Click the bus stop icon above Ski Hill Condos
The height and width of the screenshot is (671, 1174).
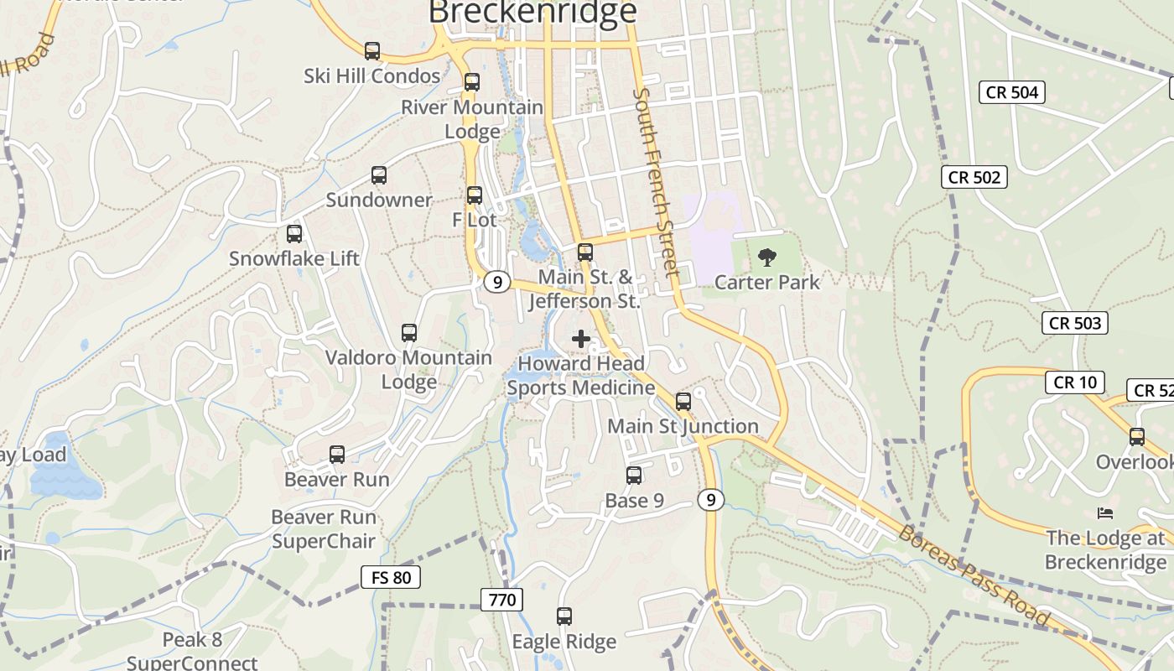click(x=372, y=51)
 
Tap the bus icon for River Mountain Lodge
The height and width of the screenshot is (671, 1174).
click(x=472, y=82)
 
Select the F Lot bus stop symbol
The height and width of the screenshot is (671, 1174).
click(x=475, y=195)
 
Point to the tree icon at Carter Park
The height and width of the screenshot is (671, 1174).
click(x=766, y=257)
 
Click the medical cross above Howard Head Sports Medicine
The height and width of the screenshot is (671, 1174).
click(x=581, y=339)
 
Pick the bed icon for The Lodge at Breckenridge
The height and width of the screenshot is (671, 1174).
click(x=1105, y=512)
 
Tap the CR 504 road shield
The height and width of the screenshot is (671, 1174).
click(x=1012, y=92)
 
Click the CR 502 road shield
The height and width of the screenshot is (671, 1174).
click(x=974, y=177)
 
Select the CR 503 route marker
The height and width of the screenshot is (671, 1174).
click(x=1075, y=323)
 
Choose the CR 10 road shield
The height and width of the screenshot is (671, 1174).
click(x=1074, y=382)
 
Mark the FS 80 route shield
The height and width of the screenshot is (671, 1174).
click(x=391, y=577)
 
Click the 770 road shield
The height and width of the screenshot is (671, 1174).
click(x=502, y=600)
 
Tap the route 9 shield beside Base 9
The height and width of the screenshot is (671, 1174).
click(x=710, y=501)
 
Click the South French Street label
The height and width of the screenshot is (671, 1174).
click(x=656, y=183)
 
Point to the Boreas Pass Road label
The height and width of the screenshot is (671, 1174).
click(x=974, y=576)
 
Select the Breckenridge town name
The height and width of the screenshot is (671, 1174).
click(x=532, y=13)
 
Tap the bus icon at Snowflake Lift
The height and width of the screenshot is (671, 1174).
click(x=294, y=234)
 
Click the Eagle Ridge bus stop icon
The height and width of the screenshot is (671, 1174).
click(x=564, y=616)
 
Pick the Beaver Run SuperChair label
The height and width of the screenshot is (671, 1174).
click(x=324, y=529)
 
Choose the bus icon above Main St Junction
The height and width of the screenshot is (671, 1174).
click(x=683, y=402)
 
